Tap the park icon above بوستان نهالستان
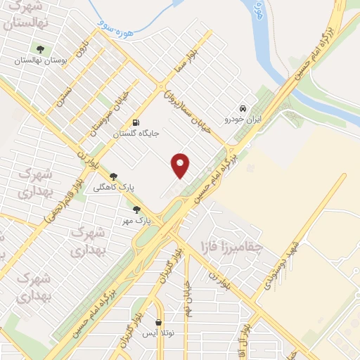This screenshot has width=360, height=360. [x=41, y=49]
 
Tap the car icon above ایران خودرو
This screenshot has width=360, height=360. [x=243, y=109]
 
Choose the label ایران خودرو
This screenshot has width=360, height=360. [x=242, y=120]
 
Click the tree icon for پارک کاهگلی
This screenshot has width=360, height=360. [x=113, y=176]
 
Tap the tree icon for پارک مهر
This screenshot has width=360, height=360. [x=136, y=209]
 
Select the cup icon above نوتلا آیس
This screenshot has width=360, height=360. [x=160, y=323]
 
